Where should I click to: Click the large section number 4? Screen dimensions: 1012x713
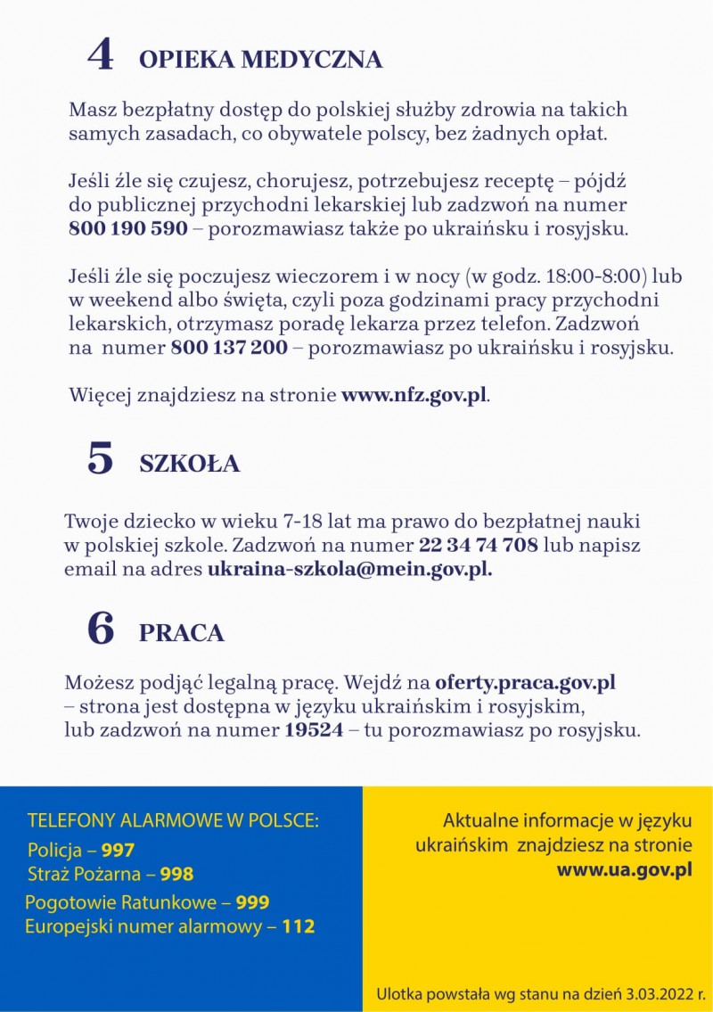pos(101,54)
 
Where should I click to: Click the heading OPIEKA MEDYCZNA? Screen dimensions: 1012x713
pos(260,60)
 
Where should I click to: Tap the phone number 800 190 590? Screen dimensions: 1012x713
pos(128,228)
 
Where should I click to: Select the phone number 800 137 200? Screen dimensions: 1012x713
pos(229,347)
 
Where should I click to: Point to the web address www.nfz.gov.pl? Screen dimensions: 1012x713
pos(414,395)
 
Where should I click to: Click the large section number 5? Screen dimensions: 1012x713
pos(101,458)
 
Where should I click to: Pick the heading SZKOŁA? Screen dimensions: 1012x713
pos(189,465)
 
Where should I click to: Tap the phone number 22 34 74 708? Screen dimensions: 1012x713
pos(478,545)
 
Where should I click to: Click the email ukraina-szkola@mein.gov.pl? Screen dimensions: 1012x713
pos(349,569)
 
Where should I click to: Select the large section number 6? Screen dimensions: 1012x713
pos(101,628)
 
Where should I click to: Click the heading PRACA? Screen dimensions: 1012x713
pos(181,633)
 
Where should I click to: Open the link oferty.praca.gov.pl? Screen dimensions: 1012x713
pos(526,684)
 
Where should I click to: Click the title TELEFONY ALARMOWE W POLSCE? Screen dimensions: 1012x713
pos(173,820)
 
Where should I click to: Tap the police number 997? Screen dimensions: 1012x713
pos(118,851)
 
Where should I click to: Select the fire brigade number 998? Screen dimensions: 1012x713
pos(176,875)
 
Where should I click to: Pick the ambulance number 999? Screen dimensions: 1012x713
pos(252,902)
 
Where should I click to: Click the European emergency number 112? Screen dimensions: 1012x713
pos(298,926)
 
